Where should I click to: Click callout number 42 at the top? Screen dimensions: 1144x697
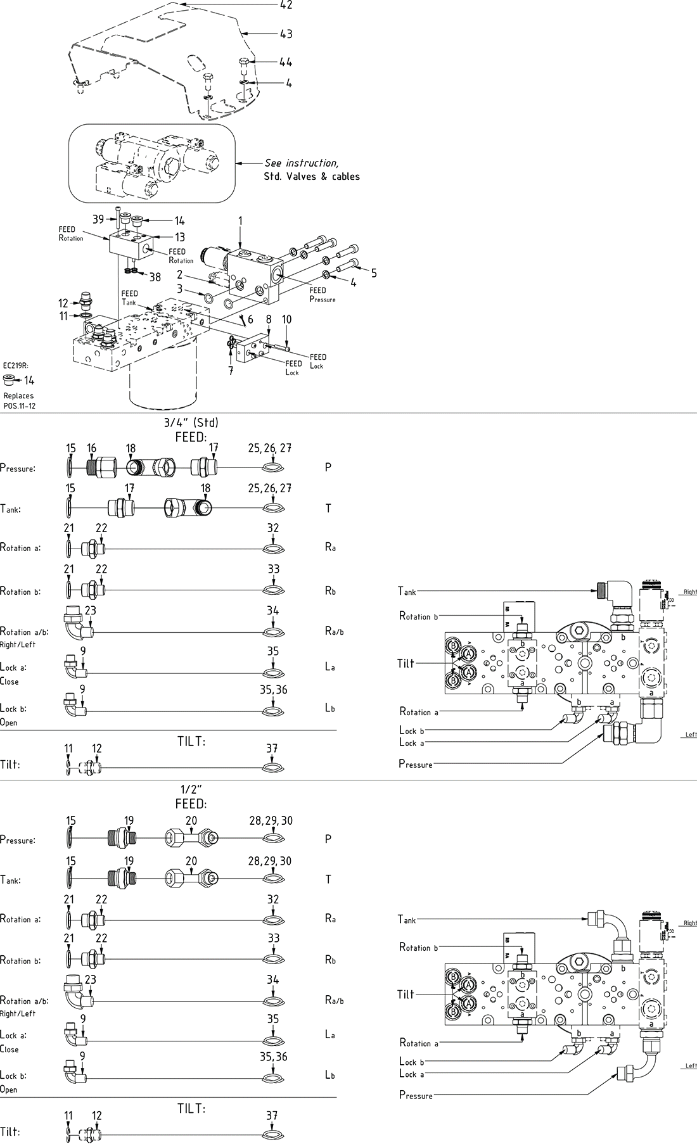click(286, 5)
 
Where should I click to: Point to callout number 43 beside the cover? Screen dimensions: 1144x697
click(286, 34)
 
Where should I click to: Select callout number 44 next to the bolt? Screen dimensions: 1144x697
click(286, 62)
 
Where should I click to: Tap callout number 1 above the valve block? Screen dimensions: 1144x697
click(240, 220)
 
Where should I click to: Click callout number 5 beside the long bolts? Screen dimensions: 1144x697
click(374, 273)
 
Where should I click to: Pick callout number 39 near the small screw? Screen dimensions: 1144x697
click(98, 220)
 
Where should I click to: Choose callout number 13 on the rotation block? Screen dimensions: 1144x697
click(180, 238)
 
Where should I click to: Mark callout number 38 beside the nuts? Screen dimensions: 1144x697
click(155, 277)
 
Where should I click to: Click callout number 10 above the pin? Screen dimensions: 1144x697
click(287, 319)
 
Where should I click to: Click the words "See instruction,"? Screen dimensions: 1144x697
click(301, 163)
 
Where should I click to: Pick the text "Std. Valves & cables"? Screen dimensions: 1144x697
click(312, 177)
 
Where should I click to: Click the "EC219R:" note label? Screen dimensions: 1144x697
click(16, 365)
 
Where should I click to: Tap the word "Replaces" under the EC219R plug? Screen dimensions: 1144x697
click(18, 396)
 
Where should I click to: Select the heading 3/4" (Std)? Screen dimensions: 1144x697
click(191, 423)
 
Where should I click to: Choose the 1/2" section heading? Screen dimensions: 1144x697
click(191, 789)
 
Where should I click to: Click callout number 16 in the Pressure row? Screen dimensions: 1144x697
click(92, 448)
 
